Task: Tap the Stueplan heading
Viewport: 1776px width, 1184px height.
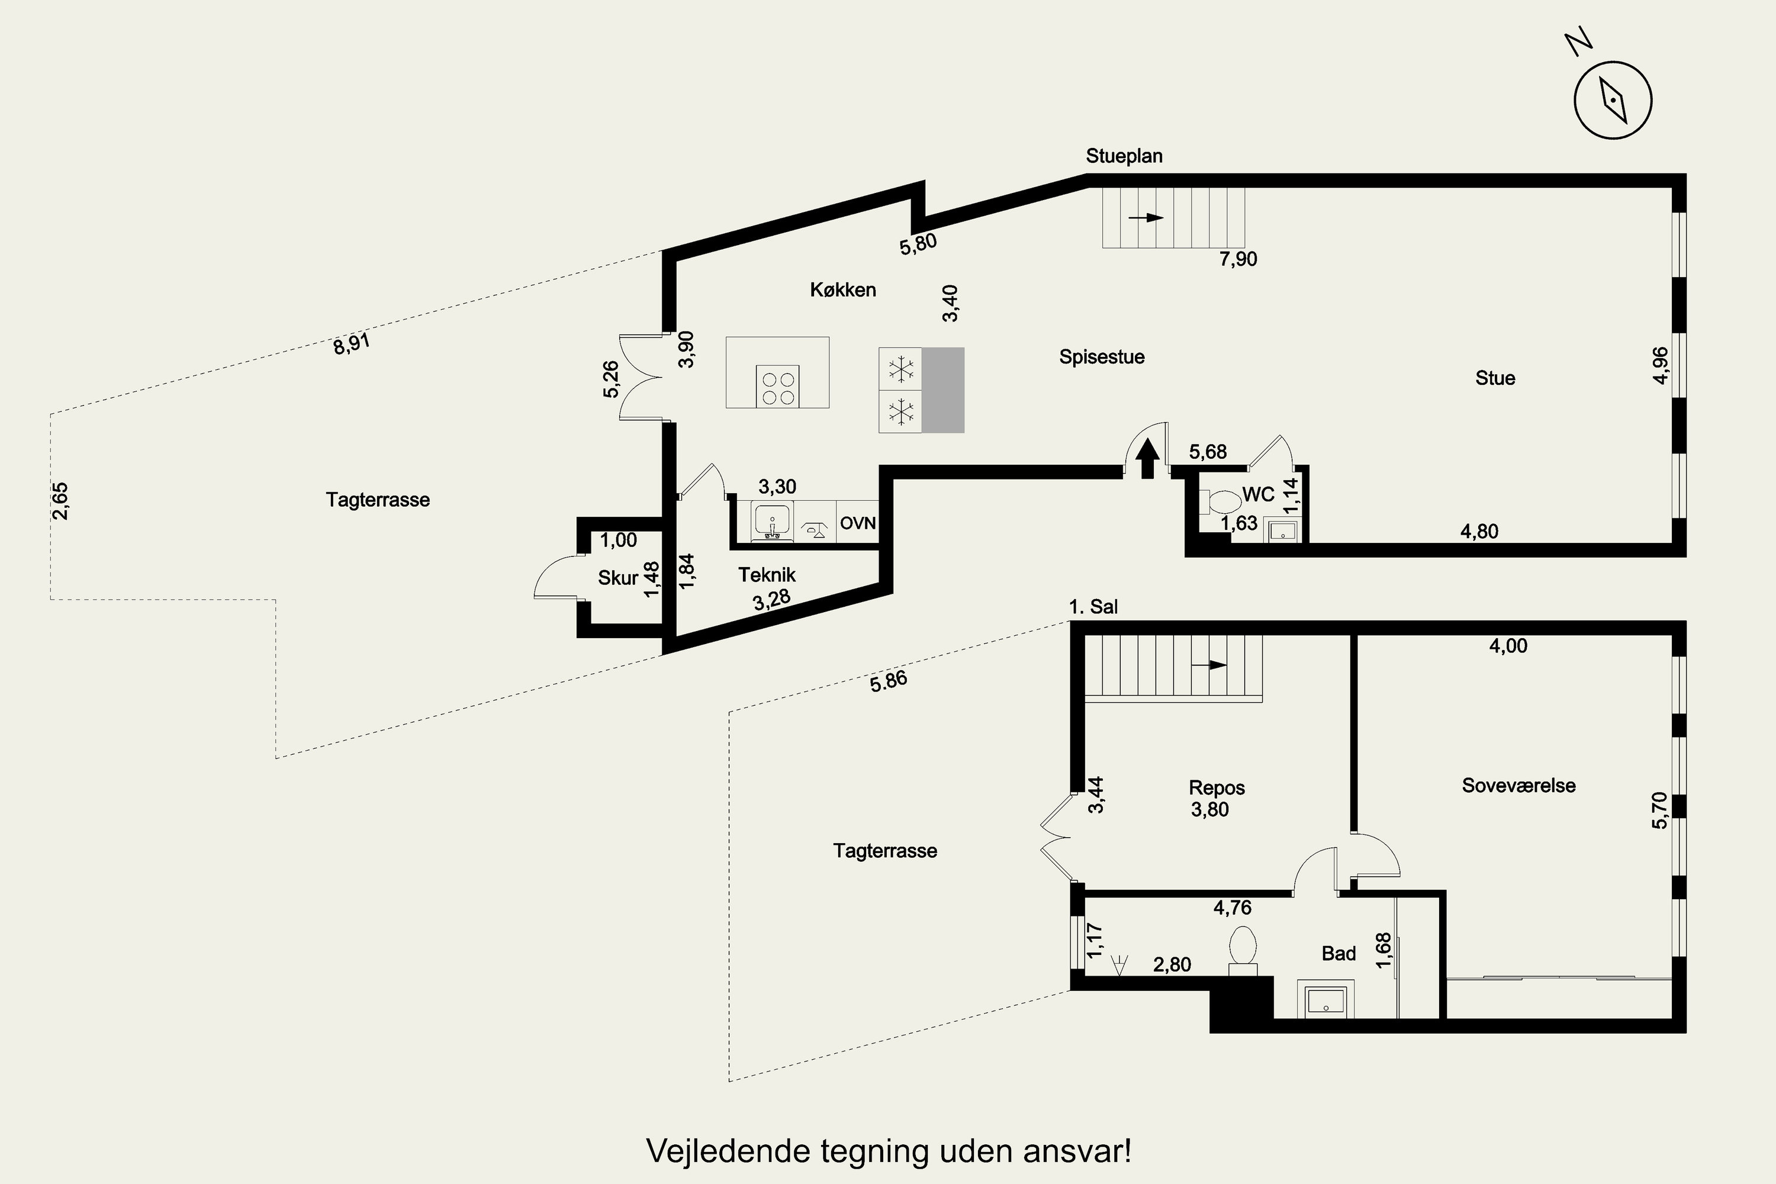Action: [1124, 156]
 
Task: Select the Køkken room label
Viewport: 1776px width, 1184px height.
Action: [842, 290]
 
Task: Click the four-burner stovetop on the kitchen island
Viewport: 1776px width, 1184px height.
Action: [778, 387]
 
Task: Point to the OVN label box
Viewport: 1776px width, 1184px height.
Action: [858, 523]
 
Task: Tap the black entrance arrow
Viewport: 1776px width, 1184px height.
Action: [1148, 458]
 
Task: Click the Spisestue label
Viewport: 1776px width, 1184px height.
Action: [1102, 357]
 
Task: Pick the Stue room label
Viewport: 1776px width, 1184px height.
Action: [1495, 378]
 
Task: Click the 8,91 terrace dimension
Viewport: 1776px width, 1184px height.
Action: [352, 343]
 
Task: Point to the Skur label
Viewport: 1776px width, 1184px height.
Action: [617, 578]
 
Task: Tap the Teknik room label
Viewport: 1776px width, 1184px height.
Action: [767, 575]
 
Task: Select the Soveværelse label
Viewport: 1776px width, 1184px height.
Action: [1518, 786]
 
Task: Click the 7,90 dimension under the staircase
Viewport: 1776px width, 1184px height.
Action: [1238, 259]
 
